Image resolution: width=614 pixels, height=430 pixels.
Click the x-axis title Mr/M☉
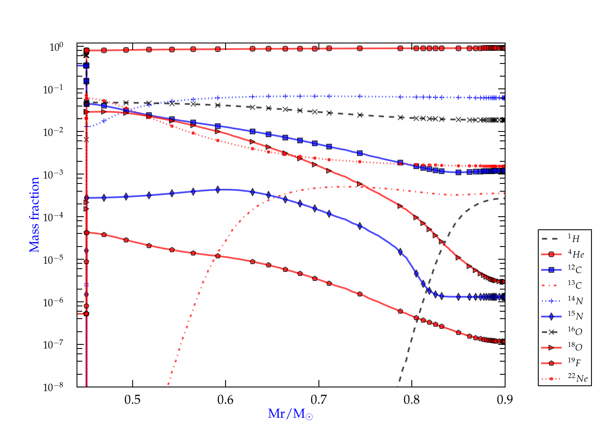291,414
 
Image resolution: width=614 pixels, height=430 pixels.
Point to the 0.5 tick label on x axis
133,400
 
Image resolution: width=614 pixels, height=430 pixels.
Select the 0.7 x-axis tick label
318,400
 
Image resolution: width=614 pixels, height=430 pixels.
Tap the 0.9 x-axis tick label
505,400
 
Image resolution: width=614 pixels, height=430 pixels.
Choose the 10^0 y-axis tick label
56,47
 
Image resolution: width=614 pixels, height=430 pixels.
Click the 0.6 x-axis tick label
226,400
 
